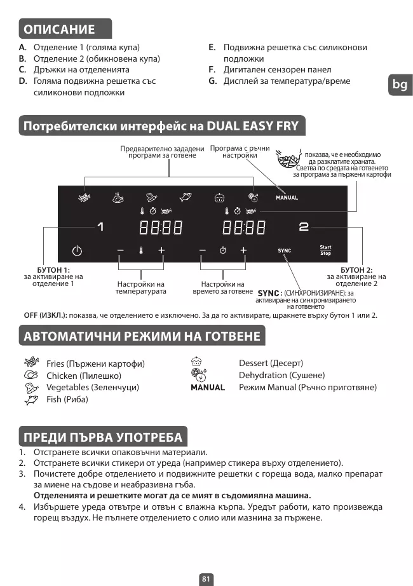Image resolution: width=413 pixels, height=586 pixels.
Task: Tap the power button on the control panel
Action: tap(77, 250)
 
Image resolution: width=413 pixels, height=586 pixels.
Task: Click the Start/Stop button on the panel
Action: tap(325, 250)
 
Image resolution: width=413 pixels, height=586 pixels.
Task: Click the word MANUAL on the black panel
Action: tap(287, 198)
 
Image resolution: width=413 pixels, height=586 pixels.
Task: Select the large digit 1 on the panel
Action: tap(100, 227)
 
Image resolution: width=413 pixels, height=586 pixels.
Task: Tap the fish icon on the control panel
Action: tap(186, 197)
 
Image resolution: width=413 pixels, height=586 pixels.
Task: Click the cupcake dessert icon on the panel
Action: tap(219, 197)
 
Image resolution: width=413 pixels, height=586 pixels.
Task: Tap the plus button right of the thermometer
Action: tap(161, 250)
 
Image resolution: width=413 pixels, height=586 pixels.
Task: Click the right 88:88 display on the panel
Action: tap(243, 227)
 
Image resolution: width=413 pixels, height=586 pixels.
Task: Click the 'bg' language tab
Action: tap(400, 85)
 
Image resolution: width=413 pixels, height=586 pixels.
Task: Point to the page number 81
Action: tap(206, 579)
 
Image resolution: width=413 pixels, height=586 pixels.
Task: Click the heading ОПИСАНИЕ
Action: tap(59, 29)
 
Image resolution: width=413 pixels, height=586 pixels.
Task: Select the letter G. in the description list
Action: tap(213, 81)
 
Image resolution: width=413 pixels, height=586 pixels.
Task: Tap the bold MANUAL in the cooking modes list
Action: tap(208, 387)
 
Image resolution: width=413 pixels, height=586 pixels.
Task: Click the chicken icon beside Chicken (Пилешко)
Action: tap(30, 376)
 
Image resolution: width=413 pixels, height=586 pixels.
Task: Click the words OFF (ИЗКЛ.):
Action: tap(45, 315)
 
